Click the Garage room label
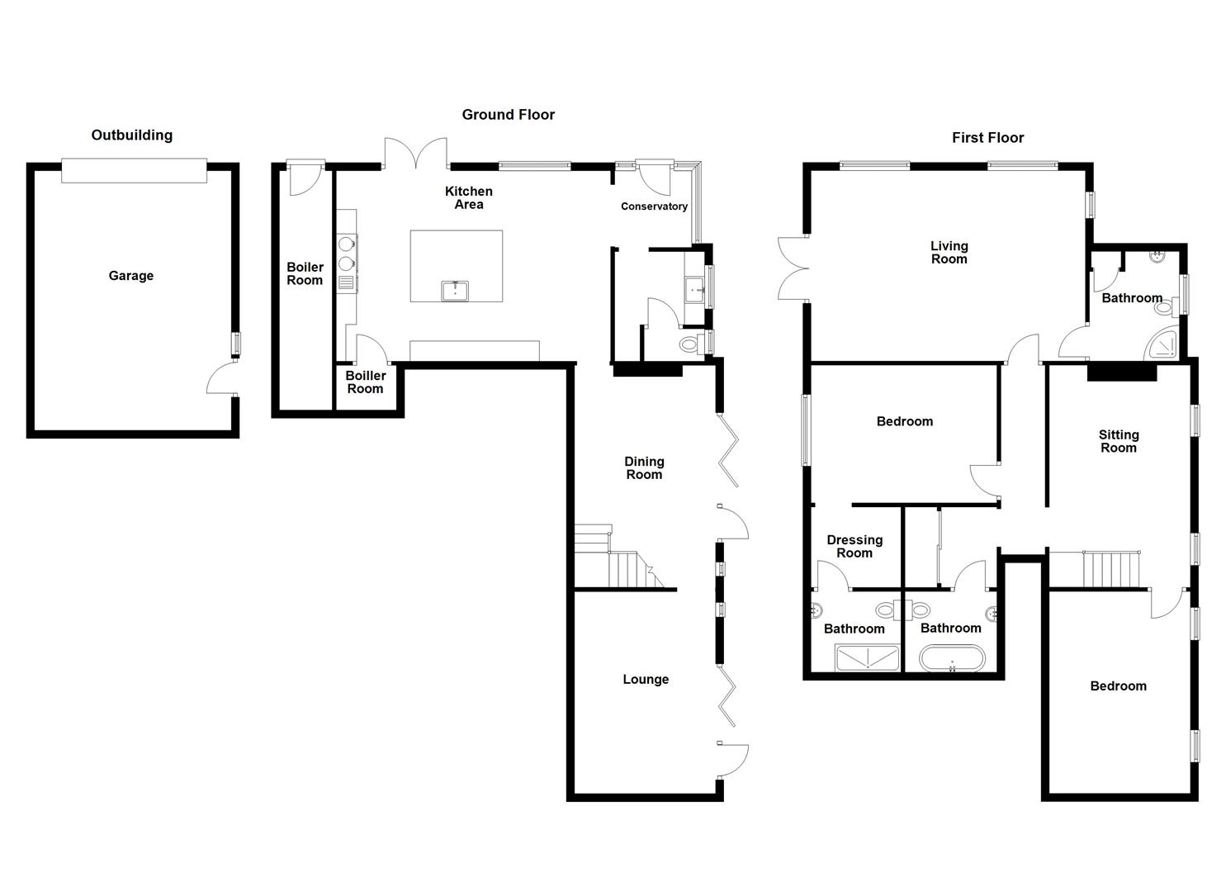(x=131, y=276)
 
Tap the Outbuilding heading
(x=132, y=135)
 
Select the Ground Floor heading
(x=508, y=115)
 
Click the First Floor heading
(x=987, y=138)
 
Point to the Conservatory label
(x=654, y=206)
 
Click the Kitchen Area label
(x=469, y=198)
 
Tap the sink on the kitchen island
(x=455, y=292)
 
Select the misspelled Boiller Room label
(x=365, y=382)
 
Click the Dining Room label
(x=644, y=468)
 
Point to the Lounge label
(x=646, y=680)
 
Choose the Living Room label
(x=949, y=253)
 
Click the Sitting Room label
(x=1119, y=441)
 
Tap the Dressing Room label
(x=854, y=547)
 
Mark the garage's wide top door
(x=135, y=170)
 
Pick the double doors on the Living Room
(x=793, y=267)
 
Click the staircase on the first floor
(x=1110, y=569)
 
